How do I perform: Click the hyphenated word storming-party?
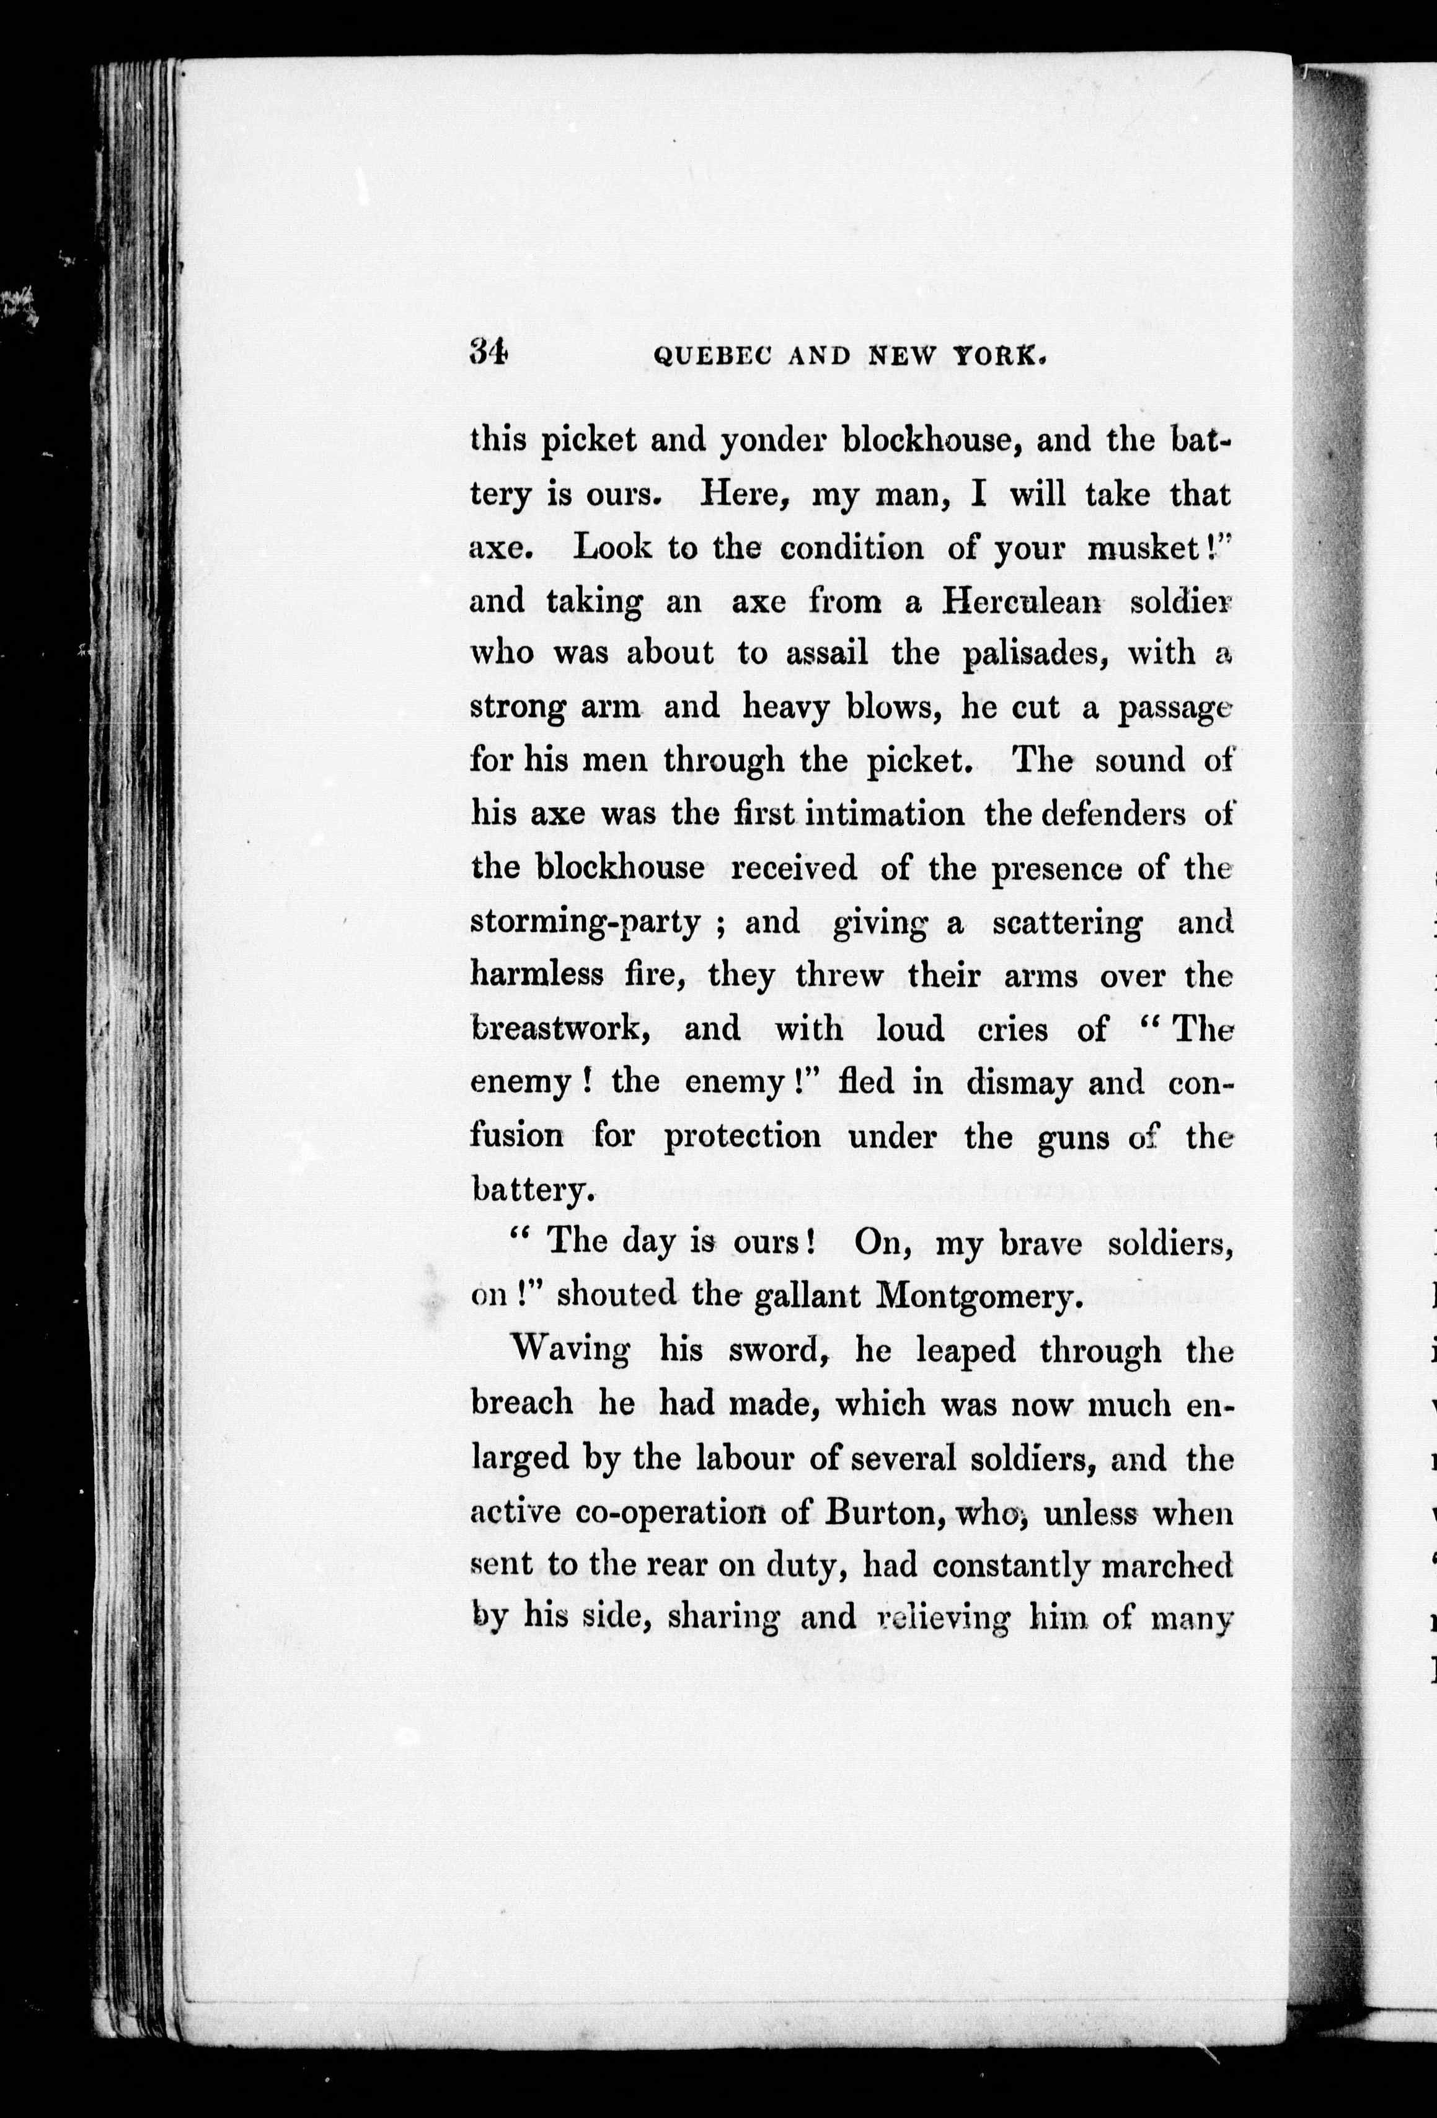click(584, 923)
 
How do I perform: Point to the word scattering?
click(1066, 923)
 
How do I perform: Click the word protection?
click(741, 1137)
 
